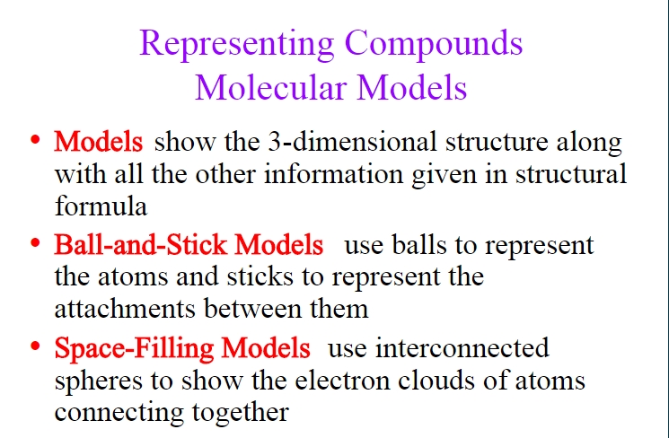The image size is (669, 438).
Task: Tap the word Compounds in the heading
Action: (434, 44)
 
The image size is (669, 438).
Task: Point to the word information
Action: (334, 173)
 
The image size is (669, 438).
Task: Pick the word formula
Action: (101, 206)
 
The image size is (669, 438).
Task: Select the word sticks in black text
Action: (260, 276)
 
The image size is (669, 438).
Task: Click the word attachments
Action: (125, 309)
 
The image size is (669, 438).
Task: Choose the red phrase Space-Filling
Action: (134, 348)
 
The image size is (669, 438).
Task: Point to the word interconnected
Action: (462, 347)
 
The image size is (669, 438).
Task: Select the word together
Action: (240, 412)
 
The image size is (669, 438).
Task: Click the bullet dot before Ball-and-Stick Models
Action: (35, 243)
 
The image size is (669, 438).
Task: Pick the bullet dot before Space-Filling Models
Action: (35, 346)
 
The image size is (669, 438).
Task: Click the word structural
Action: (571, 173)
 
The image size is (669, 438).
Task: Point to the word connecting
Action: (119, 412)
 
